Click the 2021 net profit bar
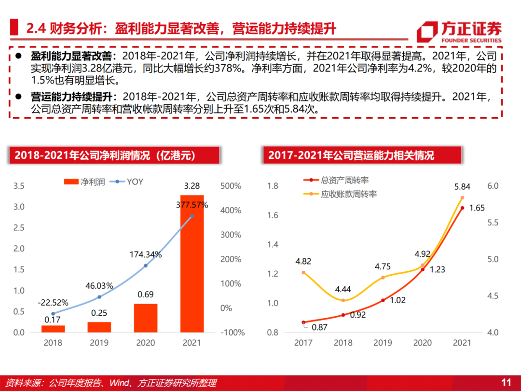(192, 264)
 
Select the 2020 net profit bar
(146, 318)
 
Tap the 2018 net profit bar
(53, 329)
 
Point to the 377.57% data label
(192, 205)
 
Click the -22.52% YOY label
(53, 303)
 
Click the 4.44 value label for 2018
(343, 290)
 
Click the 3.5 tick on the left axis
(19, 186)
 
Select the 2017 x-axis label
(303, 343)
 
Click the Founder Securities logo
(459, 32)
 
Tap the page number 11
(506, 382)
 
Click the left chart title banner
(114, 155)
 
